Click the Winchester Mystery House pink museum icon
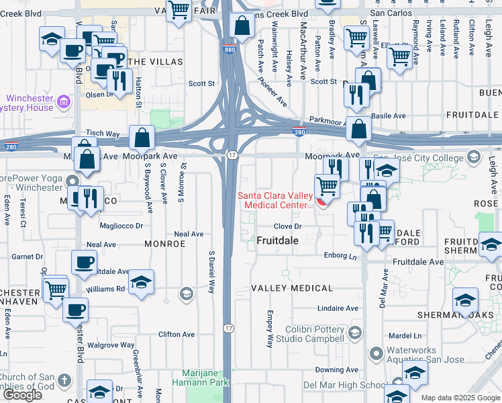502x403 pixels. [x=64, y=102]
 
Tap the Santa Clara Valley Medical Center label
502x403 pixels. [x=275, y=200]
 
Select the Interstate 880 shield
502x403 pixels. [x=228, y=48]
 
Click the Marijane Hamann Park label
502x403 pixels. [x=206, y=377]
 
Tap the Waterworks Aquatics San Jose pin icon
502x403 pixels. [x=375, y=352]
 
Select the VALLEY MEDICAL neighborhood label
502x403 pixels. [x=292, y=288]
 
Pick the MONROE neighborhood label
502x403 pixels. [x=164, y=244]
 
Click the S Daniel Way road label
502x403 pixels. [x=211, y=274]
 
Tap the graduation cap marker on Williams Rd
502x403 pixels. [x=142, y=282]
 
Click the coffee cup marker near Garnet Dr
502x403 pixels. [x=85, y=263]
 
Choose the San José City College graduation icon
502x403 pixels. [x=473, y=157]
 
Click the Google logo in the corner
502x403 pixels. [x=22, y=395]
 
